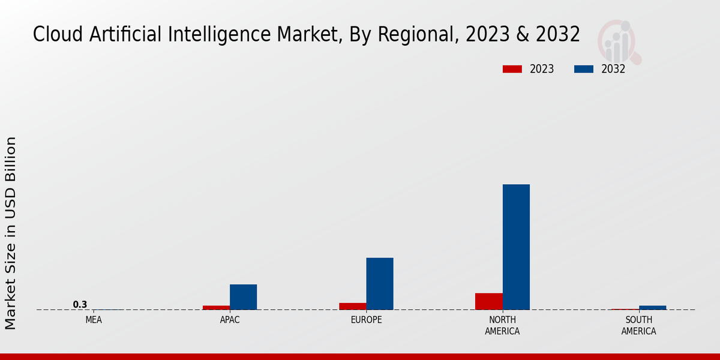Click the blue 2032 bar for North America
pyautogui.click(x=516, y=247)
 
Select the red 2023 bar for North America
pyautogui.click(x=488, y=301)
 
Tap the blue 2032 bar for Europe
pyautogui.click(x=380, y=283)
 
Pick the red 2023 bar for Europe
pyautogui.click(x=352, y=306)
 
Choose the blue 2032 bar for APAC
pyautogui.click(x=243, y=296)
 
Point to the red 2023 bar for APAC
pyautogui.click(x=216, y=307)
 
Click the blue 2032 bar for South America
pyautogui.click(x=652, y=307)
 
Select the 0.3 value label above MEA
pyautogui.click(x=80, y=305)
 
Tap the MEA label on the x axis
pyautogui.click(x=94, y=320)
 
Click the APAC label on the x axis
pyautogui.click(x=230, y=320)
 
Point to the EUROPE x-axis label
pyautogui.click(x=366, y=320)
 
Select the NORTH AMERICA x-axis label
pyautogui.click(x=502, y=325)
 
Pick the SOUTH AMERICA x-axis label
pyautogui.click(x=638, y=325)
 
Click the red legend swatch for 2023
pyautogui.click(x=512, y=69)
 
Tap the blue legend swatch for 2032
pyautogui.click(x=583, y=69)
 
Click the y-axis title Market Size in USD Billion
pyautogui.click(x=11, y=233)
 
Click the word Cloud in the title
pyautogui.click(x=58, y=35)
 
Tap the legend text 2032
pyautogui.click(x=613, y=69)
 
